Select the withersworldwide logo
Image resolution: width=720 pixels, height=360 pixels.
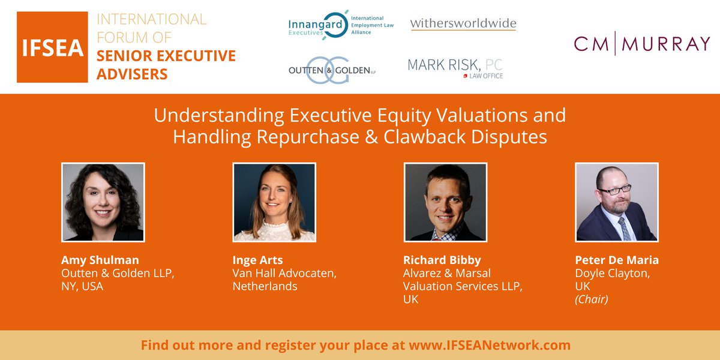pyautogui.click(x=463, y=24)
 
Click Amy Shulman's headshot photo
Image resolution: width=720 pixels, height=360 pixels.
pyautogui.click(x=103, y=202)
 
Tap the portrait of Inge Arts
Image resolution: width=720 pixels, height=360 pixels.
pyautogui.click(x=274, y=202)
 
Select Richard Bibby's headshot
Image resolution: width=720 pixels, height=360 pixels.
pyautogui.click(x=445, y=202)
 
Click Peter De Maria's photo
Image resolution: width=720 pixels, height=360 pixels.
pyautogui.click(x=617, y=202)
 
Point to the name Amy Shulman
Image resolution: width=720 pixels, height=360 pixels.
pyautogui.click(x=100, y=260)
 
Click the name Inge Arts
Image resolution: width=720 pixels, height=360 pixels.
pyautogui.click(x=257, y=260)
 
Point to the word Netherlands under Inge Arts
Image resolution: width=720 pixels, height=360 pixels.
pyautogui.click(x=265, y=286)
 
